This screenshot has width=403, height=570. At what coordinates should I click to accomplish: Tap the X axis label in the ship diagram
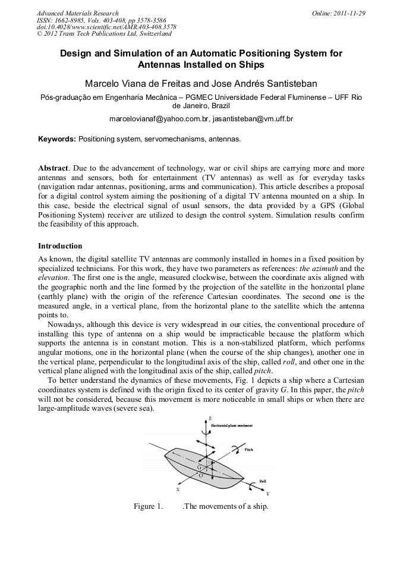177,490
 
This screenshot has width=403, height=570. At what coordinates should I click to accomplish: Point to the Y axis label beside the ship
267,494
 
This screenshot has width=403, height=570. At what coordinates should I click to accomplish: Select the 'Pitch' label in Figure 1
249,450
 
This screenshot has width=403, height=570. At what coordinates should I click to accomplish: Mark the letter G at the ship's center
200,468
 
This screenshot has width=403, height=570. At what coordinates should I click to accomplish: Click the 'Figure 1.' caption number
148,507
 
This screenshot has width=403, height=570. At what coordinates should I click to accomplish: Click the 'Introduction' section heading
60,246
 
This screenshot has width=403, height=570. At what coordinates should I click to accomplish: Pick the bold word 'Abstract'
53,168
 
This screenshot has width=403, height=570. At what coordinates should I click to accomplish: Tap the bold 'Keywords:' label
57,139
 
